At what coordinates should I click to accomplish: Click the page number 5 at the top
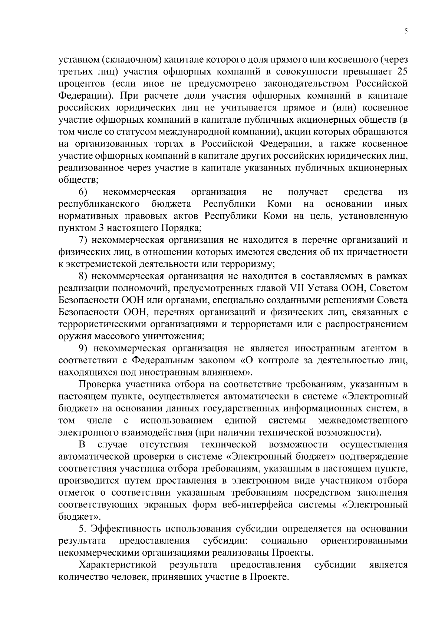406,31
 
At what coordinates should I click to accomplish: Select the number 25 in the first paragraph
402,72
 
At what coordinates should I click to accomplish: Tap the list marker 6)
83,192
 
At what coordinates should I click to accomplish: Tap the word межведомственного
363,421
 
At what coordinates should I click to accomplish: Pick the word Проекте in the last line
269,577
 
